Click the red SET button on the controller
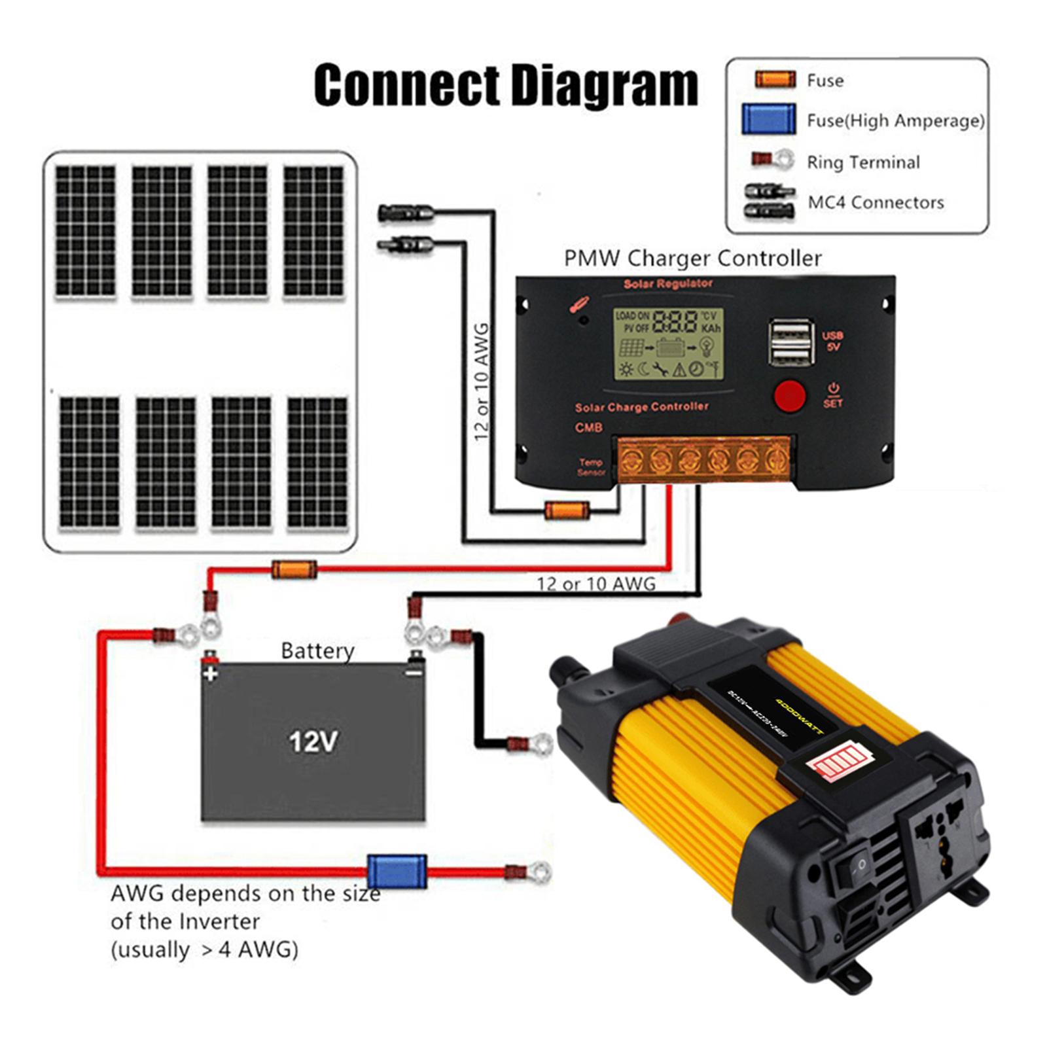coord(790,395)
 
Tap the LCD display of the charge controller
coord(668,344)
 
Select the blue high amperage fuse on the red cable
coord(397,871)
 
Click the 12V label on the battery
coord(313,742)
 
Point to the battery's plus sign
coord(210,673)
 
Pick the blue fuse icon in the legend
coord(768,120)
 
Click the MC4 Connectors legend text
coord(876,203)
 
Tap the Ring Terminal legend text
coord(862,162)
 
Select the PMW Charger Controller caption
coord(692,258)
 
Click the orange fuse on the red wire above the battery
coord(294,569)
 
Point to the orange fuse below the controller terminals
coord(567,510)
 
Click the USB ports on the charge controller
coord(791,342)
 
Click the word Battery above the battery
coord(317,651)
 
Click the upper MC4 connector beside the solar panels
coord(405,213)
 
